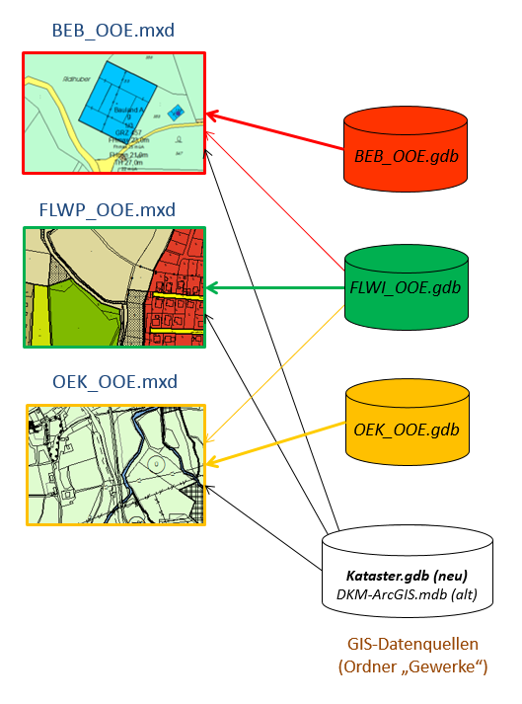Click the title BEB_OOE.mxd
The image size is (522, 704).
coord(112,31)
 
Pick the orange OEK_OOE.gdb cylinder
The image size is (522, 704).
coord(407,430)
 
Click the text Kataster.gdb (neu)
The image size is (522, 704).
coord(407,574)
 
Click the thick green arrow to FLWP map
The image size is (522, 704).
coord(276,289)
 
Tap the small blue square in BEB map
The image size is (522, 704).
coord(177,113)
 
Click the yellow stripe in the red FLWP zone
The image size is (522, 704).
coord(178,295)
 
